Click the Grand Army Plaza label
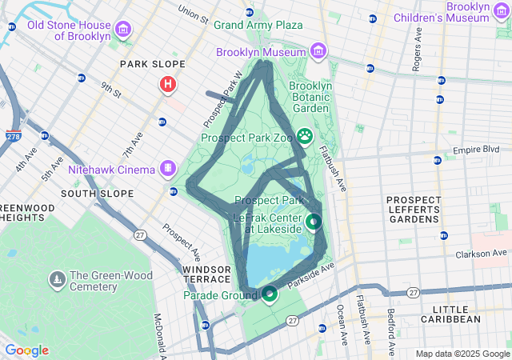258,25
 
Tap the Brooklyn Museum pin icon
318,52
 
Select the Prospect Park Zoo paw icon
305,137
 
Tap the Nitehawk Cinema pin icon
167,169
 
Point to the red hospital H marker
168,84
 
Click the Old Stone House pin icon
123,30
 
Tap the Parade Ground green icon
270,294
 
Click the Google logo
26,350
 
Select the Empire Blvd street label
475,150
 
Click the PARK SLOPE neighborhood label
152,64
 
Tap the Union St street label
193,14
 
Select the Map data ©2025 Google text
462,354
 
